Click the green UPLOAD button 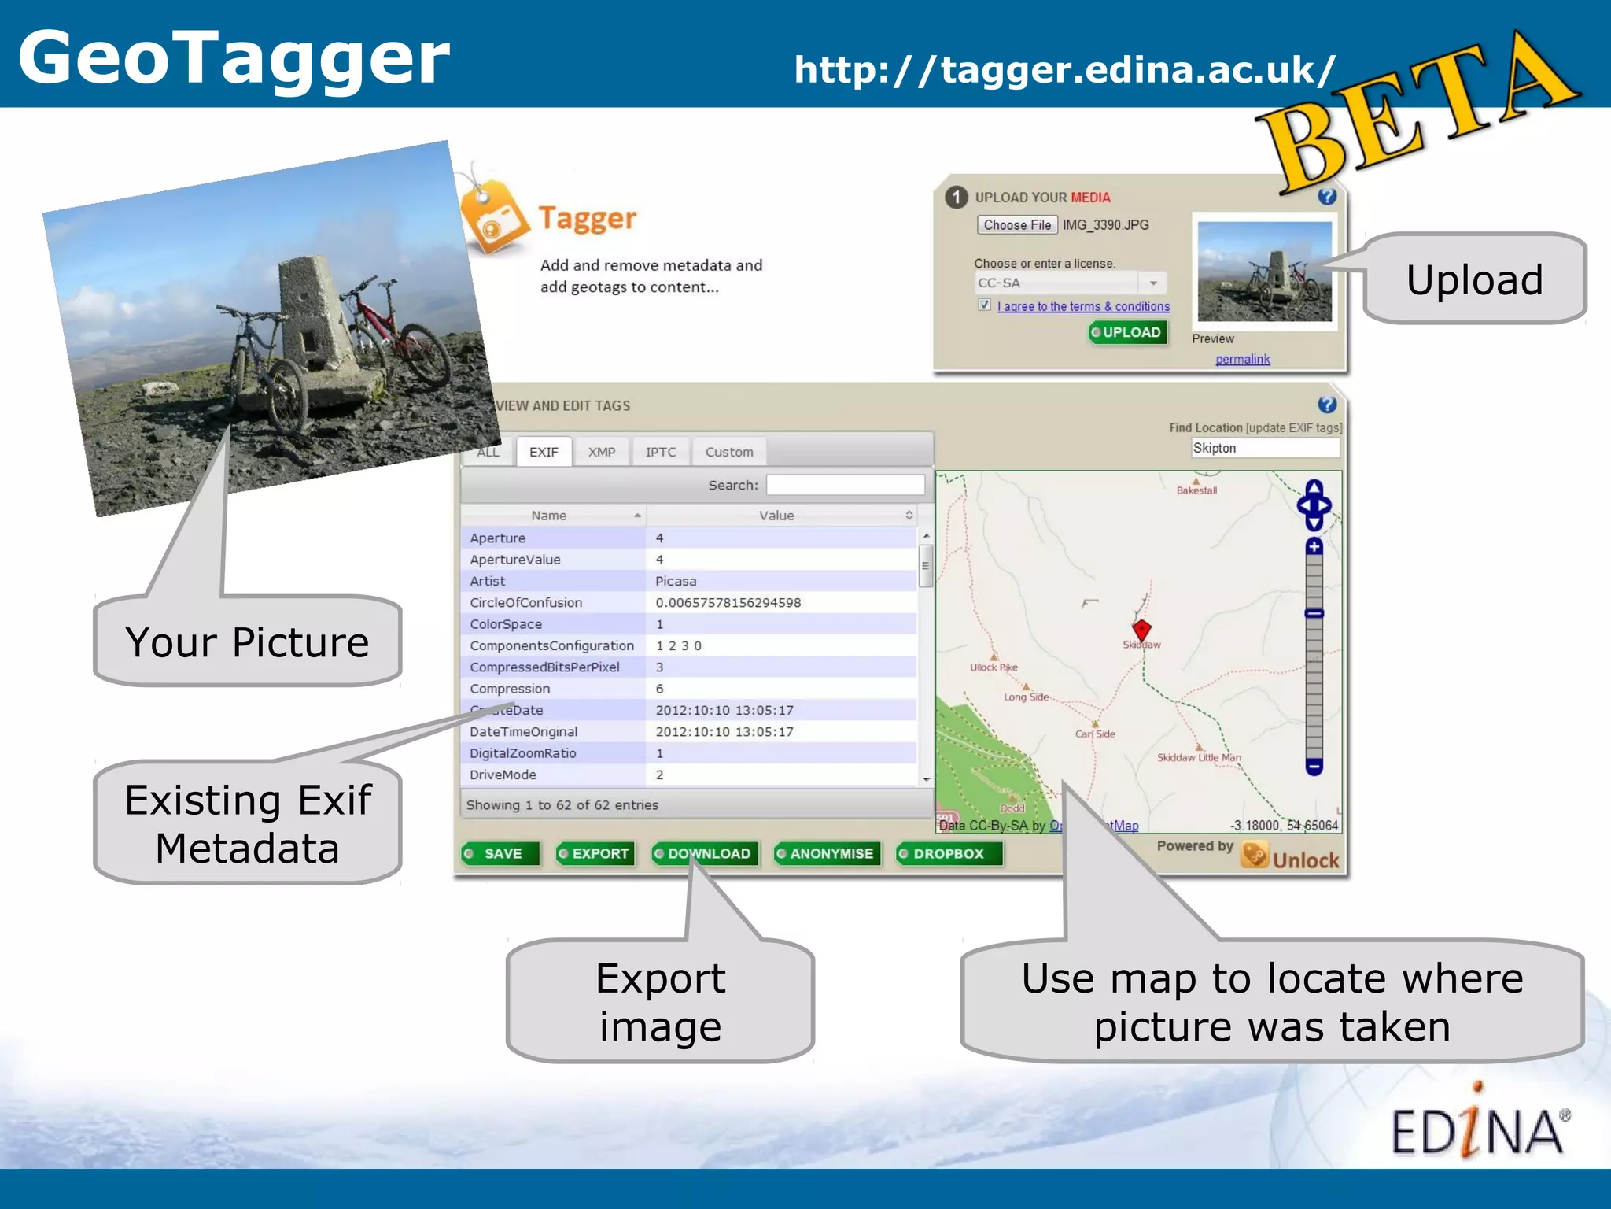point(1128,333)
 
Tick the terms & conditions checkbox point(984,305)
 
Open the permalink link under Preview point(1242,360)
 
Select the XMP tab point(602,452)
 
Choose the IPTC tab point(661,452)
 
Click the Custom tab point(729,452)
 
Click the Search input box point(845,485)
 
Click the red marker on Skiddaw point(1141,629)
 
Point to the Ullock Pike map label point(994,667)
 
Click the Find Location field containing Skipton point(1264,449)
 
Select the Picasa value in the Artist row point(676,581)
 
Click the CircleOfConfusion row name point(525,603)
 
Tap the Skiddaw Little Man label point(1199,758)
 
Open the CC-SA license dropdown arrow point(1153,283)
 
